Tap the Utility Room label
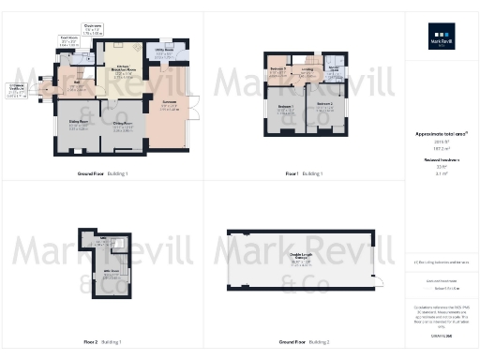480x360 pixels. pyautogui.click(x=164, y=53)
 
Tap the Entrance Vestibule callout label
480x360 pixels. pyautogui.click(x=19, y=90)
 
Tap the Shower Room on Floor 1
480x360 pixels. pyautogui.click(x=335, y=70)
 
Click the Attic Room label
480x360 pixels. pyautogui.click(x=109, y=272)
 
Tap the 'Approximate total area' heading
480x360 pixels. pyautogui.click(x=442, y=134)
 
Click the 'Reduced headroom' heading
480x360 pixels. pyautogui.click(x=442, y=160)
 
